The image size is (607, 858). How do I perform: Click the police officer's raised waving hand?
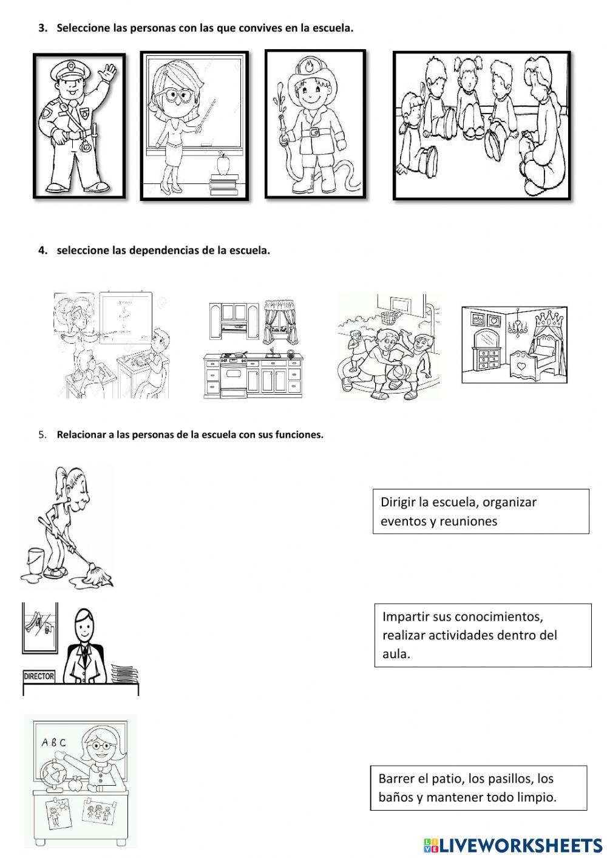(109, 72)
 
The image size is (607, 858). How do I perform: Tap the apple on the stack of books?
(223, 164)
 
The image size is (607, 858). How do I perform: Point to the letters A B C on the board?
(53, 742)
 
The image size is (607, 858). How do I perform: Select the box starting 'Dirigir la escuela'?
(481, 511)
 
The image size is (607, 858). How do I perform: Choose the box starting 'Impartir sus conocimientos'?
(483, 635)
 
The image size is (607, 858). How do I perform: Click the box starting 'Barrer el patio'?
(478, 788)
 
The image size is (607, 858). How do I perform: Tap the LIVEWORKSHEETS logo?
(512, 845)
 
